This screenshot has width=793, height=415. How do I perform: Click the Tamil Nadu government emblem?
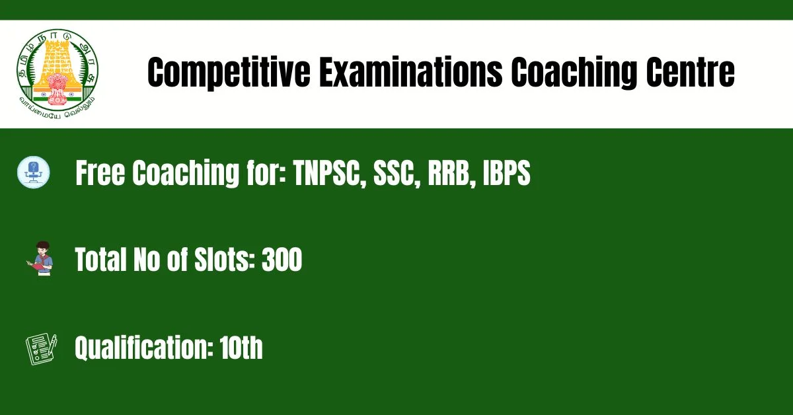tap(57, 73)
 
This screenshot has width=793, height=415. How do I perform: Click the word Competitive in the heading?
tap(229, 73)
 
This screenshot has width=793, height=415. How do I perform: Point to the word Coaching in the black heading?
tap(574, 73)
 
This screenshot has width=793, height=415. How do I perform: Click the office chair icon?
tap(34, 172)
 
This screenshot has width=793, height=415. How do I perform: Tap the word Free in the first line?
tap(100, 172)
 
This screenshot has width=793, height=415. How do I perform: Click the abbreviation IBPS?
tap(507, 172)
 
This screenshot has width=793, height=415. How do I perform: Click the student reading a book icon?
tap(40, 258)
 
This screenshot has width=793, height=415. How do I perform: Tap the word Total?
tap(100, 259)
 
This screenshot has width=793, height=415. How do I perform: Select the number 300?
tap(282, 259)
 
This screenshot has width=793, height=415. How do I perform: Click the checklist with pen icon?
tap(41, 349)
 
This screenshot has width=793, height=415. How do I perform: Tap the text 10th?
tap(241, 347)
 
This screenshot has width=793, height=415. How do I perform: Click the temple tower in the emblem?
tap(57, 63)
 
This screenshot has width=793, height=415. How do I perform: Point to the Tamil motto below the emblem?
tap(57, 108)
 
